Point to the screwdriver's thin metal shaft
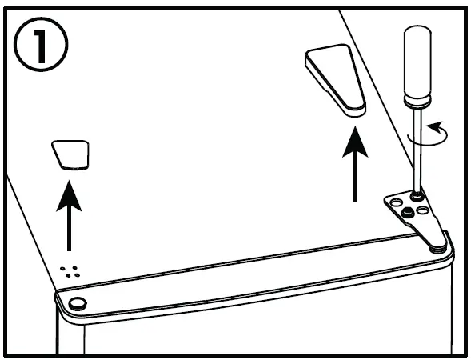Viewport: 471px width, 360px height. click(417, 152)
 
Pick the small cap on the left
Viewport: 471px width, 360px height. click(71, 154)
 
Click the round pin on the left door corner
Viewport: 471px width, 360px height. click(78, 302)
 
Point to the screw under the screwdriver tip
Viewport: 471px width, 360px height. click(417, 194)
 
